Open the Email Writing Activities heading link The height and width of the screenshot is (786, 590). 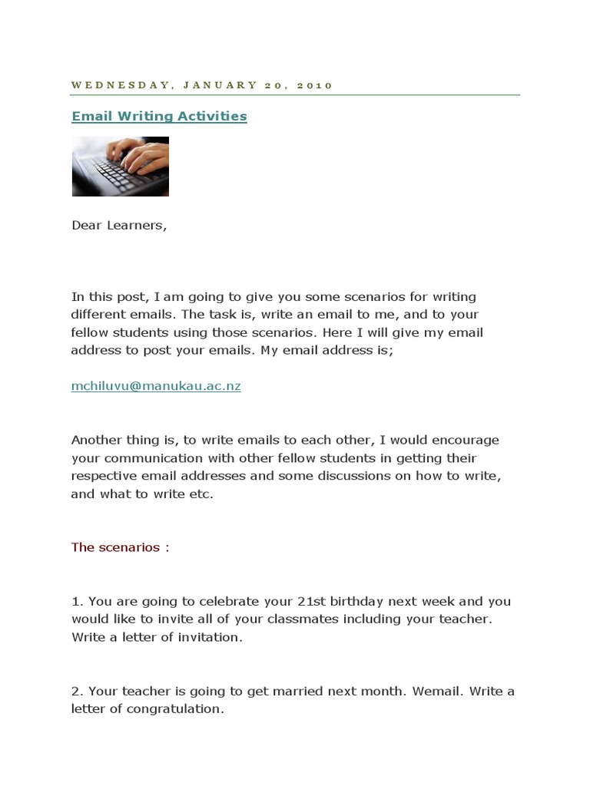pos(159,116)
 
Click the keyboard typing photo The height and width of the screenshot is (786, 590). pos(121,167)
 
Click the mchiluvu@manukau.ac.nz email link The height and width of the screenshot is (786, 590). pos(156,386)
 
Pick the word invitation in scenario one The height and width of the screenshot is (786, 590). pos(209,637)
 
